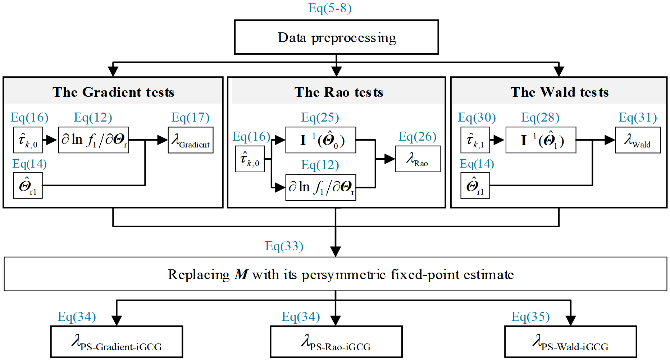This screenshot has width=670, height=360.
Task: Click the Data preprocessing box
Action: click(x=336, y=37)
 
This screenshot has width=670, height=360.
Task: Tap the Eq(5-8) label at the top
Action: click(x=330, y=8)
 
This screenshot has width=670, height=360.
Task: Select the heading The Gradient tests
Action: click(x=113, y=92)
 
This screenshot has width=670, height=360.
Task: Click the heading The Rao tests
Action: click(x=338, y=92)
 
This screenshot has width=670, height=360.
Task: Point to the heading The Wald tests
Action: click(x=559, y=92)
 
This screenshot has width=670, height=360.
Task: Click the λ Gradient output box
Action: click(x=191, y=140)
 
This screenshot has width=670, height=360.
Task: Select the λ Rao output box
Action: click(x=418, y=159)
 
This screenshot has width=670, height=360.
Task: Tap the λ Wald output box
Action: click(x=638, y=140)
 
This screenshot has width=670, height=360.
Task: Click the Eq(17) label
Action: click(x=190, y=117)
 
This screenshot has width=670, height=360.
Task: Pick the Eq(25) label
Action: click(x=320, y=117)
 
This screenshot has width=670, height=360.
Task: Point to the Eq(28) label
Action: click(x=540, y=117)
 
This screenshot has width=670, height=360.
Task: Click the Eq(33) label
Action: click(x=284, y=246)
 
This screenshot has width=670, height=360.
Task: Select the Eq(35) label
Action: click(x=530, y=316)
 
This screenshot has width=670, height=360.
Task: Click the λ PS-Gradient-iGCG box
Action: click(x=117, y=342)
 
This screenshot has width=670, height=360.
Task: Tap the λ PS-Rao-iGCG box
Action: click(x=336, y=342)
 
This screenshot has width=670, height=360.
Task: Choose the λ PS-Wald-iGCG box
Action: click(x=570, y=342)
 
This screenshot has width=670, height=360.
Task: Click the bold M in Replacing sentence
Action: click(x=241, y=275)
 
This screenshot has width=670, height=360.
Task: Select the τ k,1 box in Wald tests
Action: click(x=475, y=140)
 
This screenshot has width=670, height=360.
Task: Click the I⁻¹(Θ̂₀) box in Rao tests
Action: click(x=321, y=140)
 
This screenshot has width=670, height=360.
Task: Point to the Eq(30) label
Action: click(x=477, y=117)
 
